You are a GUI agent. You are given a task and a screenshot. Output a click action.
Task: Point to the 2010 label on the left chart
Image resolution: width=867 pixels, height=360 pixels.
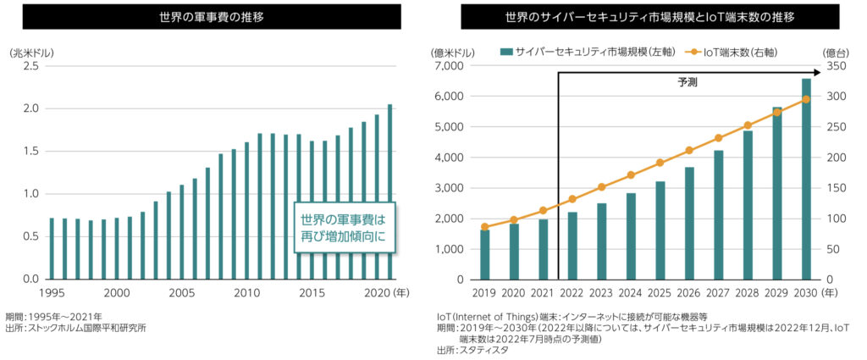[x=246, y=292]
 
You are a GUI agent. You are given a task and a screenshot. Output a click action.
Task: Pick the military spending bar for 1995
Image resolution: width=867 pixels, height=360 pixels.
[x=52, y=248]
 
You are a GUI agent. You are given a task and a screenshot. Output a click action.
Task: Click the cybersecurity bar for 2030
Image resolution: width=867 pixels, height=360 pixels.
[x=806, y=179]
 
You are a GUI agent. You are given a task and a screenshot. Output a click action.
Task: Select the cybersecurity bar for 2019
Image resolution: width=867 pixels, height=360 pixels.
[x=485, y=254]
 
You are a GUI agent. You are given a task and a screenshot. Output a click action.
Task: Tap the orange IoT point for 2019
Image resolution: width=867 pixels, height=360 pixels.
[x=485, y=227]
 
